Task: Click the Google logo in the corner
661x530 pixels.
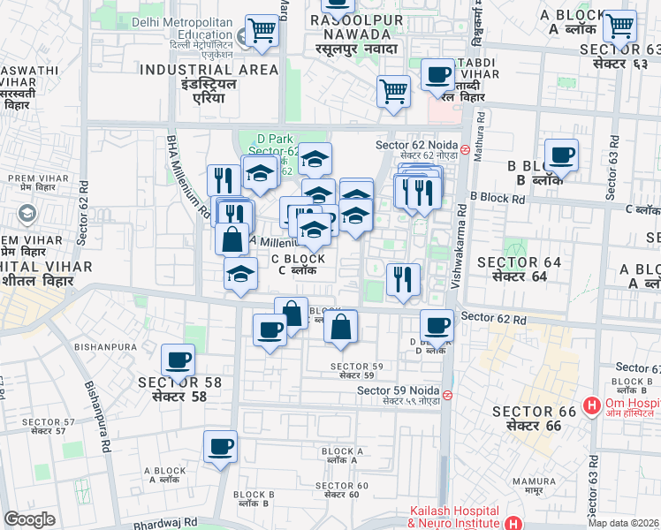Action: [x=29, y=519]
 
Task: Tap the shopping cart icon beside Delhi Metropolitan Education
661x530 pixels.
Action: [x=262, y=31]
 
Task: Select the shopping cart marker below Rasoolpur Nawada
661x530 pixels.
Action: [x=393, y=89]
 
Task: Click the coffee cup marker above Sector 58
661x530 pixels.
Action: [x=178, y=360]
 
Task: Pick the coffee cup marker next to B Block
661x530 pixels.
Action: [x=561, y=155]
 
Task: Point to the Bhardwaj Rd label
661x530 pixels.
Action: [x=166, y=524]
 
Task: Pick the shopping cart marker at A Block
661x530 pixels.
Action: [x=619, y=26]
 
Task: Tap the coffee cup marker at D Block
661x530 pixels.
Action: [x=436, y=324]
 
